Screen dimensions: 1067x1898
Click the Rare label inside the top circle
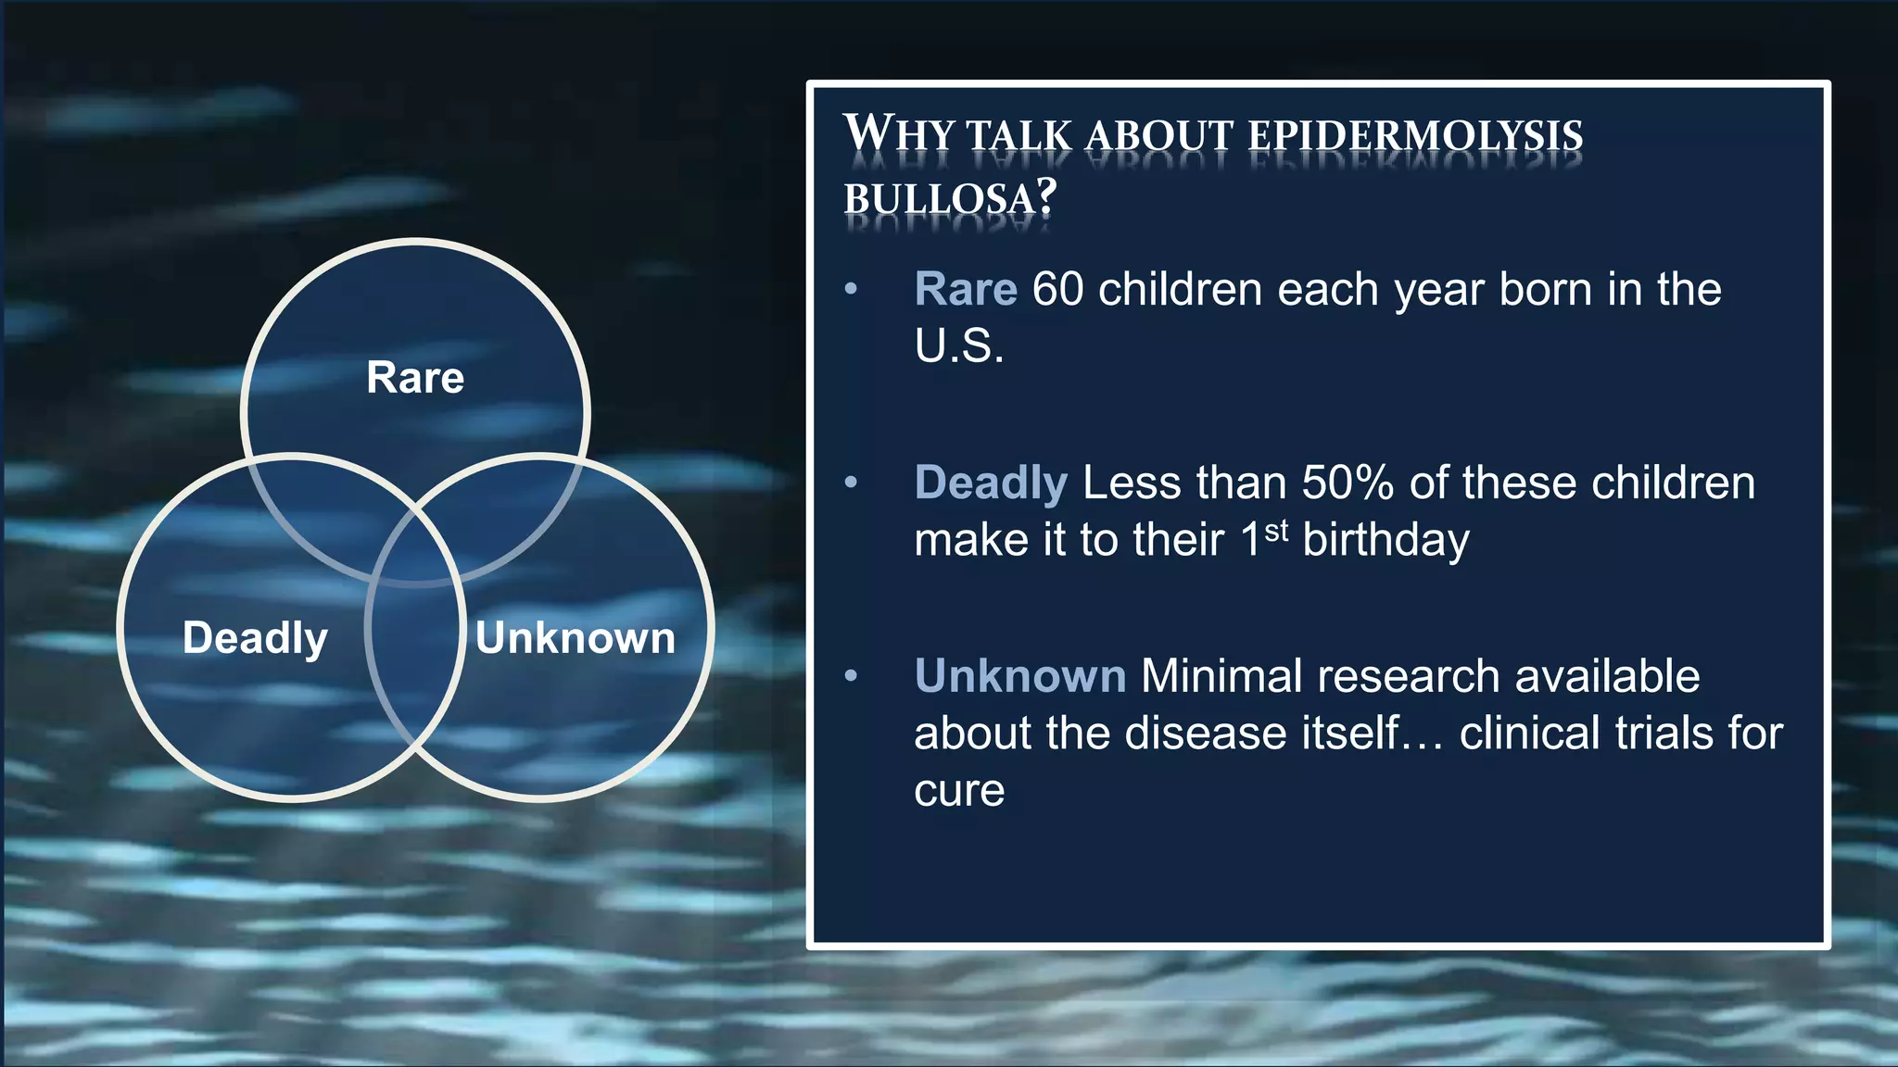tap(415, 378)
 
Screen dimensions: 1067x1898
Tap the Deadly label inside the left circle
tap(255, 638)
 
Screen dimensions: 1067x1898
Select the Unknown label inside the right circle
tap(576, 638)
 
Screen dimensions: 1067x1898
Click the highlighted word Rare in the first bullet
tap(966, 289)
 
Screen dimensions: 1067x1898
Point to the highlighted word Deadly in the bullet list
tap(991, 483)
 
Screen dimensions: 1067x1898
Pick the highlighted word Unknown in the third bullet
tap(1020, 676)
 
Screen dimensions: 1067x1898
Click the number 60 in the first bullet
tap(1057, 289)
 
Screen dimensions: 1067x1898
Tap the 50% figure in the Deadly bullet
tap(1348, 483)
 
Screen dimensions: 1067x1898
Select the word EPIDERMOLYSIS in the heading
tap(1415, 136)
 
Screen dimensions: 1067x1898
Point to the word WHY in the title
tap(898, 134)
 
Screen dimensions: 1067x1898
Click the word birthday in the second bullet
tap(1386, 540)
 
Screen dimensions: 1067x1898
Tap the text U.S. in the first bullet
tap(959, 346)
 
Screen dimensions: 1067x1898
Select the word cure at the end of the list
tap(959, 790)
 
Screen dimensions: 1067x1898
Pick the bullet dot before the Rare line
tap(851, 289)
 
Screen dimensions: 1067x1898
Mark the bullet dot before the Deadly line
tap(851, 483)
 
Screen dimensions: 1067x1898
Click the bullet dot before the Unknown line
tap(851, 676)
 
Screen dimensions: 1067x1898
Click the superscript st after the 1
tap(1276, 531)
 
